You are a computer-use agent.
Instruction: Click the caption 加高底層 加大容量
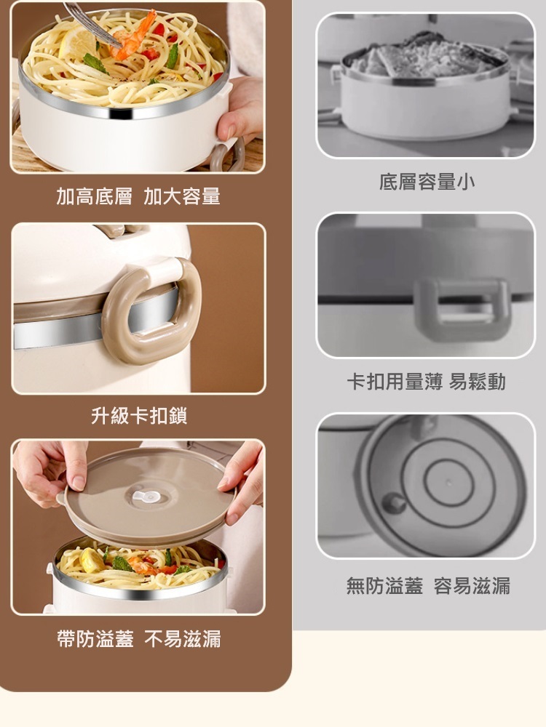coord(138,196)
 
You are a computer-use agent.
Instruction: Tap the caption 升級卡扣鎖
coord(139,415)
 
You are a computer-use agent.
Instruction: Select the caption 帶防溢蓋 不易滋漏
coord(139,638)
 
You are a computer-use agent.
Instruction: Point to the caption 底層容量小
coord(427,181)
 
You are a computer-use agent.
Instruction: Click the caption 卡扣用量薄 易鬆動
coord(426,382)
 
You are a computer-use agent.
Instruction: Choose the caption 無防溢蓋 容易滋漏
coord(428,585)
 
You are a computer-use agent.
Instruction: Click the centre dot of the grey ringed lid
coord(448,483)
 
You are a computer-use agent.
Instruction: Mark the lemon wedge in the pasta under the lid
coord(92,560)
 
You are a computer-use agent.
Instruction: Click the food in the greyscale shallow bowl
coord(425,56)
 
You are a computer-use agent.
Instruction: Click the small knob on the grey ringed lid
coord(394,502)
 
